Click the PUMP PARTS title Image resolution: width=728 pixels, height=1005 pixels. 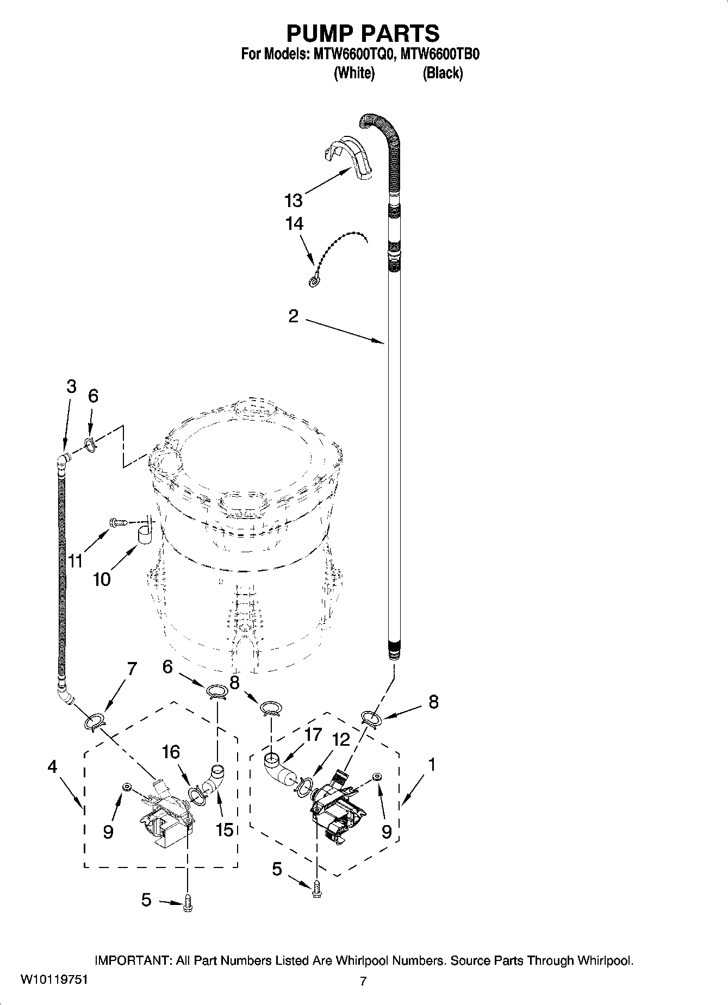(x=363, y=33)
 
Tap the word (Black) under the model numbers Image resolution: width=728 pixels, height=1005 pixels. (x=443, y=73)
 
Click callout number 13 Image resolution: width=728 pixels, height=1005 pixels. (x=293, y=201)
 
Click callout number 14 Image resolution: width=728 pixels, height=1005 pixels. (x=294, y=223)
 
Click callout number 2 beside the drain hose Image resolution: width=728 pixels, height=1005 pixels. (x=293, y=316)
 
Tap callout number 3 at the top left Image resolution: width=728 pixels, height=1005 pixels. (x=71, y=386)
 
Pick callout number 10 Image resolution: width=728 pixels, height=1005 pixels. (x=101, y=579)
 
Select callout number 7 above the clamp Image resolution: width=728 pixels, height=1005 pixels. (x=132, y=669)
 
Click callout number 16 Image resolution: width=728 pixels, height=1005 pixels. (x=170, y=752)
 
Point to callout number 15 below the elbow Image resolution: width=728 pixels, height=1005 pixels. (x=224, y=829)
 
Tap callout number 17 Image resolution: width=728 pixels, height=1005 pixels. (x=313, y=735)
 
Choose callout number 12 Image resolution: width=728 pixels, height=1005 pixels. (x=341, y=739)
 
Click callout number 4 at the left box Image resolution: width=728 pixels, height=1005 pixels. (x=52, y=766)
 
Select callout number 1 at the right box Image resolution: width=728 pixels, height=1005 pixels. (x=431, y=765)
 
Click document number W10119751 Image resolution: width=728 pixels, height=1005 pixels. (x=53, y=980)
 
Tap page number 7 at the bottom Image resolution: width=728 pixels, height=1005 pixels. (x=363, y=981)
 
